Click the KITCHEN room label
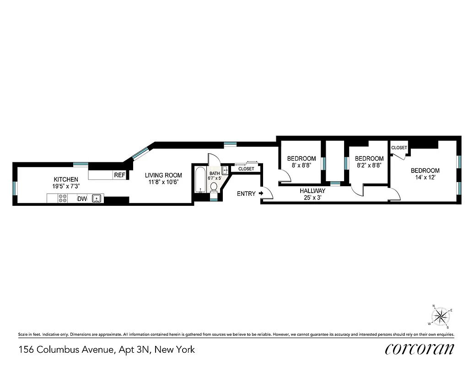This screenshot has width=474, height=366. (x=66, y=179)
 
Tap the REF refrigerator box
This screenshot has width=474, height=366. (x=119, y=175)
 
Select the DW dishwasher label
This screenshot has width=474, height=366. (x=82, y=199)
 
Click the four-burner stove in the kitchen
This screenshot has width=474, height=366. (x=63, y=199)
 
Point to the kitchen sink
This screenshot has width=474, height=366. (x=97, y=199)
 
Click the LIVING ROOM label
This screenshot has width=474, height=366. (x=163, y=175)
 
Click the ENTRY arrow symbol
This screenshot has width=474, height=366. (x=261, y=194)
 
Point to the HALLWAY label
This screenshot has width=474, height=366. (x=312, y=191)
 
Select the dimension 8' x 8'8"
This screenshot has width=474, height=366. (x=302, y=166)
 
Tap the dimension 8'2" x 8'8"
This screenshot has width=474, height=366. (x=369, y=166)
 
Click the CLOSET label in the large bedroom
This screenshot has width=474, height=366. (x=399, y=148)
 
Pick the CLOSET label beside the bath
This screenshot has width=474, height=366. (x=246, y=169)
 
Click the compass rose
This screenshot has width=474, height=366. (x=441, y=316)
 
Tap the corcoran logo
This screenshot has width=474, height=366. (x=420, y=349)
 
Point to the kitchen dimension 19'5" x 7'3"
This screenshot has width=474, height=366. (x=66, y=186)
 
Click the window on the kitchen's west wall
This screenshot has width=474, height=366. (x=15, y=188)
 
